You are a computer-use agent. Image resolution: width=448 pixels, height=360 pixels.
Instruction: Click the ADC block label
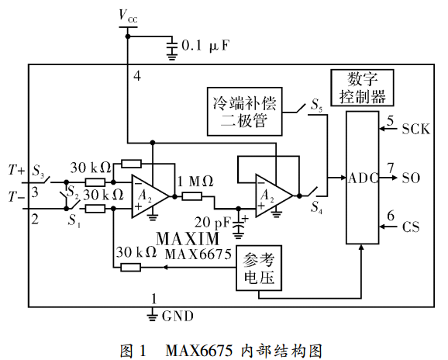pyautogui.click(x=363, y=178)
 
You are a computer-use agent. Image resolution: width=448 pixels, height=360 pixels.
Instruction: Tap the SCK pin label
pyautogui.click(x=415, y=130)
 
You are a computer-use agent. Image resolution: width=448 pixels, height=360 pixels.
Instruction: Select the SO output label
pyautogui.click(x=411, y=178)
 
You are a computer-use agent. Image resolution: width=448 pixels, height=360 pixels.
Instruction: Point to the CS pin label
pyautogui.click(x=411, y=227)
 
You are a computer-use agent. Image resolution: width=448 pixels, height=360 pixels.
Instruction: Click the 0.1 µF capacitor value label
pyautogui.click(x=205, y=46)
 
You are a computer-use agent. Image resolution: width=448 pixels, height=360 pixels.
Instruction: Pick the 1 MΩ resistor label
pyautogui.click(x=195, y=181)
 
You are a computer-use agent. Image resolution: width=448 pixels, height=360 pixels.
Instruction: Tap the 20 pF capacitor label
pyautogui.click(x=212, y=222)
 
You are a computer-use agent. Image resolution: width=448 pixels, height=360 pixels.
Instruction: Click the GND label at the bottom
pyautogui.click(x=177, y=317)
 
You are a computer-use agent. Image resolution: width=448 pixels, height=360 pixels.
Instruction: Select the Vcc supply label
pyautogui.click(x=128, y=16)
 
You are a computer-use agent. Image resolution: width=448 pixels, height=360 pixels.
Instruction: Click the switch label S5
pyautogui.click(x=316, y=105)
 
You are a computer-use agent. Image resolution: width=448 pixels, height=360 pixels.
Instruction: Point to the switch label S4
pyautogui.click(x=316, y=207)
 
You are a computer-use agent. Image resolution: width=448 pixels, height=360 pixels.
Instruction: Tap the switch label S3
pyautogui.click(x=38, y=171)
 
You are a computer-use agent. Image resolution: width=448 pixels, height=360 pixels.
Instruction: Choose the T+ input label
pyautogui.click(x=16, y=170)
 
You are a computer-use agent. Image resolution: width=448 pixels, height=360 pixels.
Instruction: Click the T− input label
pyautogui.click(x=16, y=197)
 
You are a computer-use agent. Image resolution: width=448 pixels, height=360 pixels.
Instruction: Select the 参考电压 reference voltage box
pyautogui.click(x=259, y=268)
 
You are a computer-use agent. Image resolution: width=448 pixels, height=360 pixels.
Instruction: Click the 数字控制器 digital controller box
pyautogui.click(x=362, y=88)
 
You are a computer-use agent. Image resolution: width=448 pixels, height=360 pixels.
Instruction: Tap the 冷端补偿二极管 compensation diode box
pyautogui.click(x=245, y=111)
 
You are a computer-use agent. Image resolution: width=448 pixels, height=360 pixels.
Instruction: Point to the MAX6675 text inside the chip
pyautogui.click(x=198, y=254)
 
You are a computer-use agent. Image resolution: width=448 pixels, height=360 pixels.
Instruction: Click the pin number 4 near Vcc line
pyautogui.click(x=137, y=76)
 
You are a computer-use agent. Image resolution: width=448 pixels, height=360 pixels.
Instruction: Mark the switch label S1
pyautogui.click(x=74, y=220)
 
